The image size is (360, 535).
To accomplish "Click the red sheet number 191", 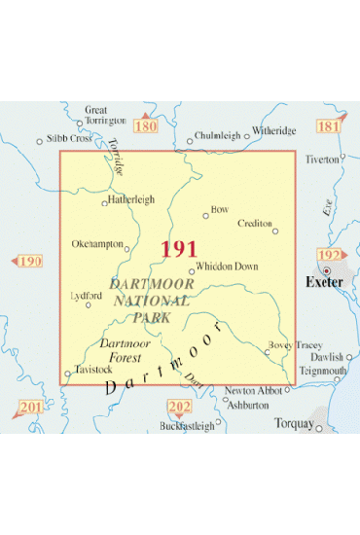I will pyautogui.click(x=179, y=249).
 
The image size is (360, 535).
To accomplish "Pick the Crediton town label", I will pyautogui.click(x=255, y=223).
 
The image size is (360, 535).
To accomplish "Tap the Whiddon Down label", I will pyautogui.click(x=226, y=265).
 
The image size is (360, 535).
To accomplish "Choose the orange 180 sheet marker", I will pyautogui.click(x=145, y=126).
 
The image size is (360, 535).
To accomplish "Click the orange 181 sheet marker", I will pyautogui.click(x=330, y=127).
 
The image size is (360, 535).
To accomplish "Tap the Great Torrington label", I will pyautogui.click(x=106, y=116).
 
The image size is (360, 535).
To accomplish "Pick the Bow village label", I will pyautogui.click(x=219, y=207).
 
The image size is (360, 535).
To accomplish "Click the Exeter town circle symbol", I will pyautogui.click(x=328, y=270).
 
